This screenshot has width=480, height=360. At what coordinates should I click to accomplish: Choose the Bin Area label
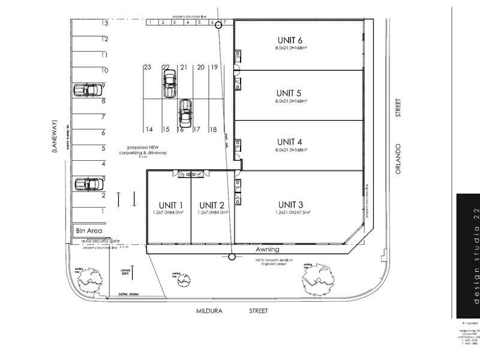click(88, 230)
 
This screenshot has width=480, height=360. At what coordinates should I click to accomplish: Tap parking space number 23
click(148, 68)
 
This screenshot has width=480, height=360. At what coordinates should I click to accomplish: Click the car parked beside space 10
click(88, 90)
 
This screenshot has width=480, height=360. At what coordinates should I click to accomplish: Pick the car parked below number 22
click(170, 83)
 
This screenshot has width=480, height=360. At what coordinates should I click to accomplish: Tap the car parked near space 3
click(88, 184)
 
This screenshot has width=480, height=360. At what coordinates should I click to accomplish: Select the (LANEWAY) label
click(55, 139)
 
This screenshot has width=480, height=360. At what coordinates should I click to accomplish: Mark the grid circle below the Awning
click(232, 257)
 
